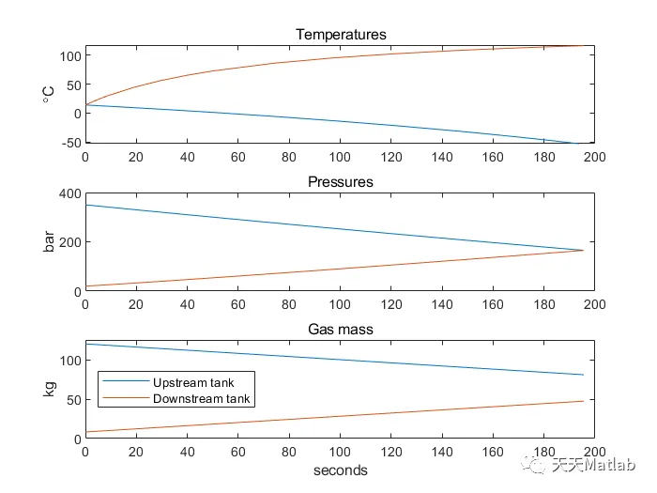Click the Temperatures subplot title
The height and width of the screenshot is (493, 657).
(341, 35)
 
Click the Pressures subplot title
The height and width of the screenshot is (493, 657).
(341, 182)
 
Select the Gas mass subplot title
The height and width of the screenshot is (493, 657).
(341, 330)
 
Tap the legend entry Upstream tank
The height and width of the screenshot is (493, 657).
(193, 383)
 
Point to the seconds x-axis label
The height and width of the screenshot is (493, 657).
(341, 470)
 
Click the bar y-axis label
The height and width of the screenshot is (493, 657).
(49, 242)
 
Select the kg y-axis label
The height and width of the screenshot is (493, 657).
(49, 390)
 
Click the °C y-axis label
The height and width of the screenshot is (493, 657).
(49, 93)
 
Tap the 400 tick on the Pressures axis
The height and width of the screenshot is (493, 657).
(69, 193)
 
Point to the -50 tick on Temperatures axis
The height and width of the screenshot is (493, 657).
(69, 142)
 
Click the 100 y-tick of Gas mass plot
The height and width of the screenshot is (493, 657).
(69, 360)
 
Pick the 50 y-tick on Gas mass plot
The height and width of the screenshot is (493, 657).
(72, 399)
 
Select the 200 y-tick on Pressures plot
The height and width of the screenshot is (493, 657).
(69, 242)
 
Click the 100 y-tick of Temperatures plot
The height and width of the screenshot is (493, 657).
(69, 55)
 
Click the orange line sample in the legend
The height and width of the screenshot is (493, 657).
(125, 399)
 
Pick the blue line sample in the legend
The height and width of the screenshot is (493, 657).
(125, 383)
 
